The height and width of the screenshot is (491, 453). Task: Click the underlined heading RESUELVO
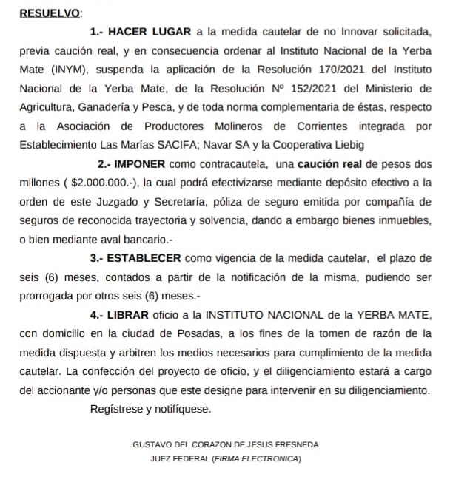pyautogui.click(x=50, y=13)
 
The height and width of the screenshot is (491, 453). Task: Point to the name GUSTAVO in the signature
pyautogui.click(x=151, y=445)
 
